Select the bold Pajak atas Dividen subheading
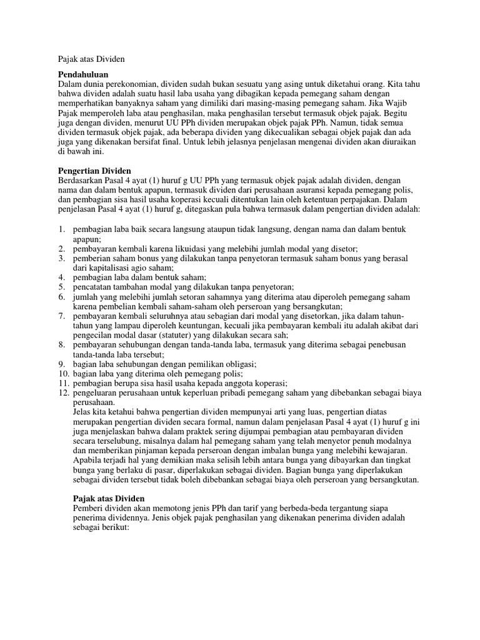coord(109,498)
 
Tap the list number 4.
coord(62,277)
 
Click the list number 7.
coord(62,316)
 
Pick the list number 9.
coord(62,364)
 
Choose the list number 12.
coord(63,392)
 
